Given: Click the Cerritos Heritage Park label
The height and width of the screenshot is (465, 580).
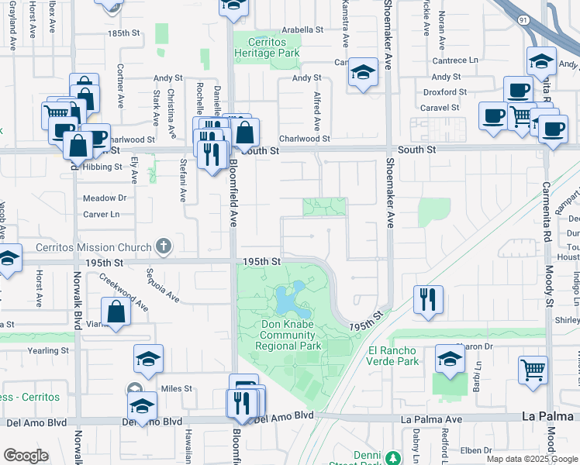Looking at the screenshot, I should tap(267, 48).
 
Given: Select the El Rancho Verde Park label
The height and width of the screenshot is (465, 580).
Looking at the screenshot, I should tap(393, 356).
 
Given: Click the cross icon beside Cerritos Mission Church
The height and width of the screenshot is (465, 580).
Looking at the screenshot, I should tap(163, 247).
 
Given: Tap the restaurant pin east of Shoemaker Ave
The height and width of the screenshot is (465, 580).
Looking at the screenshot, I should tap(428, 299).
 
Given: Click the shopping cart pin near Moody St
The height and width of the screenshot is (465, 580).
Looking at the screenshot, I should tap(533, 370).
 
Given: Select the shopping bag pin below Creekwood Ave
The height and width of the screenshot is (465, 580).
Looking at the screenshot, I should tap(116, 312).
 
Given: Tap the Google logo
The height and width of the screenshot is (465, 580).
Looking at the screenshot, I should tap(25, 456).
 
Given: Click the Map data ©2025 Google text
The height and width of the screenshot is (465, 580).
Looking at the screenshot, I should tap(533, 459).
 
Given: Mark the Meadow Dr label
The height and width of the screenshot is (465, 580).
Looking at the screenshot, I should tap(105, 198).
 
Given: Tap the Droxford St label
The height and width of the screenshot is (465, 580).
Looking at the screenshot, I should tap(445, 91).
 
